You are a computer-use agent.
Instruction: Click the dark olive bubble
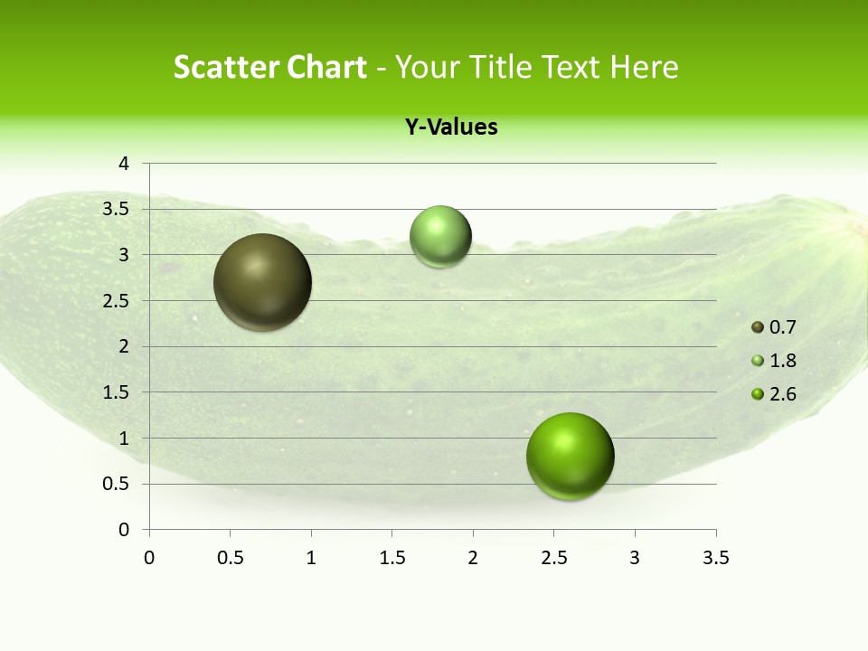click(x=263, y=282)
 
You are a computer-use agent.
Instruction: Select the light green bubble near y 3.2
click(x=440, y=237)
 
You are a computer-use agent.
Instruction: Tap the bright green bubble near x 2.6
click(x=570, y=456)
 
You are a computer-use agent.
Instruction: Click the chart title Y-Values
click(x=451, y=127)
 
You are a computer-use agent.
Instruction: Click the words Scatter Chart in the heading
click(x=270, y=67)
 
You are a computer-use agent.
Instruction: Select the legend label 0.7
click(x=782, y=327)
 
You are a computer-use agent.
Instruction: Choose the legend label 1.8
click(x=782, y=361)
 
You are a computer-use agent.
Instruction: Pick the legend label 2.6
click(x=782, y=394)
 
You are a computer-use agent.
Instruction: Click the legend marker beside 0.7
click(x=758, y=327)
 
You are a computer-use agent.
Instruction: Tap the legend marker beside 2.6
click(x=758, y=394)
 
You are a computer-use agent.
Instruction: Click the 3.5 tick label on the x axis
click(x=715, y=558)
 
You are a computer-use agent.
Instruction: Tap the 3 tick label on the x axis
click(x=635, y=558)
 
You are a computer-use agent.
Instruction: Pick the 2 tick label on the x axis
click(x=473, y=558)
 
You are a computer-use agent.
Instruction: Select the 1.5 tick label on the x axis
click(x=392, y=558)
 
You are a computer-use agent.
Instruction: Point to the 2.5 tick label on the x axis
click(x=553, y=558)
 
